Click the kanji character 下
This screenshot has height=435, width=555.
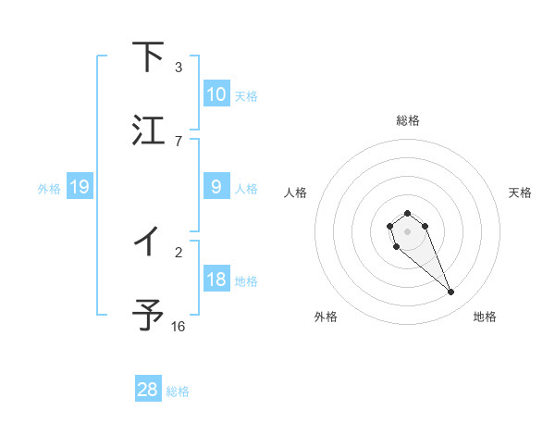click(x=148, y=57)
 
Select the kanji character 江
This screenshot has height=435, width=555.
click(x=148, y=130)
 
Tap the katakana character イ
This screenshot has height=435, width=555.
click(x=148, y=242)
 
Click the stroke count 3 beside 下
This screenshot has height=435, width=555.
click(x=179, y=67)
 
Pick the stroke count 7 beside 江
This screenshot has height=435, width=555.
click(x=179, y=141)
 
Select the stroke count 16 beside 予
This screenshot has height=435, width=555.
click(x=179, y=326)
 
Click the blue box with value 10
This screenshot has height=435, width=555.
click(x=216, y=94)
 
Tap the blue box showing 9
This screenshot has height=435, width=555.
click(x=216, y=187)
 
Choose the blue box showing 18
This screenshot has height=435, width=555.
click(x=216, y=280)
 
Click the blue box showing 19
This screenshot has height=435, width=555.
click(x=79, y=187)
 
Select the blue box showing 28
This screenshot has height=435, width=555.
click(x=148, y=390)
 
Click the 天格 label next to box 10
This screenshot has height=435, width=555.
click(x=246, y=95)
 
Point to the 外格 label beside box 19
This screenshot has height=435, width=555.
click(x=49, y=188)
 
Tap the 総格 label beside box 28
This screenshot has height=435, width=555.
click(x=178, y=391)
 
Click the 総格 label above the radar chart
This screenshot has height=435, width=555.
click(x=407, y=120)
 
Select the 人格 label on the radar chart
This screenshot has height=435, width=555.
click(x=296, y=193)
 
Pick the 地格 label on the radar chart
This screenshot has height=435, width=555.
click(x=485, y=317)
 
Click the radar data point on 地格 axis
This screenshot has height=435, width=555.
click(x=451, y=292)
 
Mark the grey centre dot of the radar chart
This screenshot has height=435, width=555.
click(x=407, y=230)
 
